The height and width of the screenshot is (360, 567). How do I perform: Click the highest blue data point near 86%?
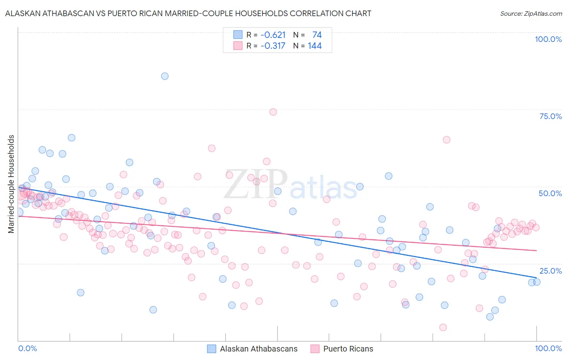click(165, 76)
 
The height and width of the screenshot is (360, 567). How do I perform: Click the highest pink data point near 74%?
click(273, 112)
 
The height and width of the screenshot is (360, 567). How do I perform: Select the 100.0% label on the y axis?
click(548, 39)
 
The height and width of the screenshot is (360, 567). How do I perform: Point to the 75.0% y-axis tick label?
click(550, 116)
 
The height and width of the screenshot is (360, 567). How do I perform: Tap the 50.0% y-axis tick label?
click(550, 193)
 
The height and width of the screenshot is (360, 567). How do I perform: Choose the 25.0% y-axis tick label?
click(550, 271)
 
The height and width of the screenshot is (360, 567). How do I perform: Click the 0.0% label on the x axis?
click(28, 348)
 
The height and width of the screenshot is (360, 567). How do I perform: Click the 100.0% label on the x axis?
click(548, 348)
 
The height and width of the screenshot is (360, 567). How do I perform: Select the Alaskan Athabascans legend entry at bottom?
click(252, 349)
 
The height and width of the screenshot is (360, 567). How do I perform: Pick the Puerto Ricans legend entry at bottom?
click(342, 349)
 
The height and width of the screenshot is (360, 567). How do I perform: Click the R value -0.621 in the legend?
click(273, 35)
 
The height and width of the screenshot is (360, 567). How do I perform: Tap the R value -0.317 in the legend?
click(273, 46)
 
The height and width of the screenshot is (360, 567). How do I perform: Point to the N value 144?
click(315, 46)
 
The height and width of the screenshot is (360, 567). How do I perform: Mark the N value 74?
click(317, 35)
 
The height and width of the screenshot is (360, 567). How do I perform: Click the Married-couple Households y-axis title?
click(11, 184)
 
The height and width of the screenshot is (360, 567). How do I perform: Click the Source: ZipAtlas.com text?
click(531, 13)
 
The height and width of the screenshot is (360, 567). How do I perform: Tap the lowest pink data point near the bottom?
click(443, 327)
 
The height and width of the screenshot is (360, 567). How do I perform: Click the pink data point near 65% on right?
click(446, 140)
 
